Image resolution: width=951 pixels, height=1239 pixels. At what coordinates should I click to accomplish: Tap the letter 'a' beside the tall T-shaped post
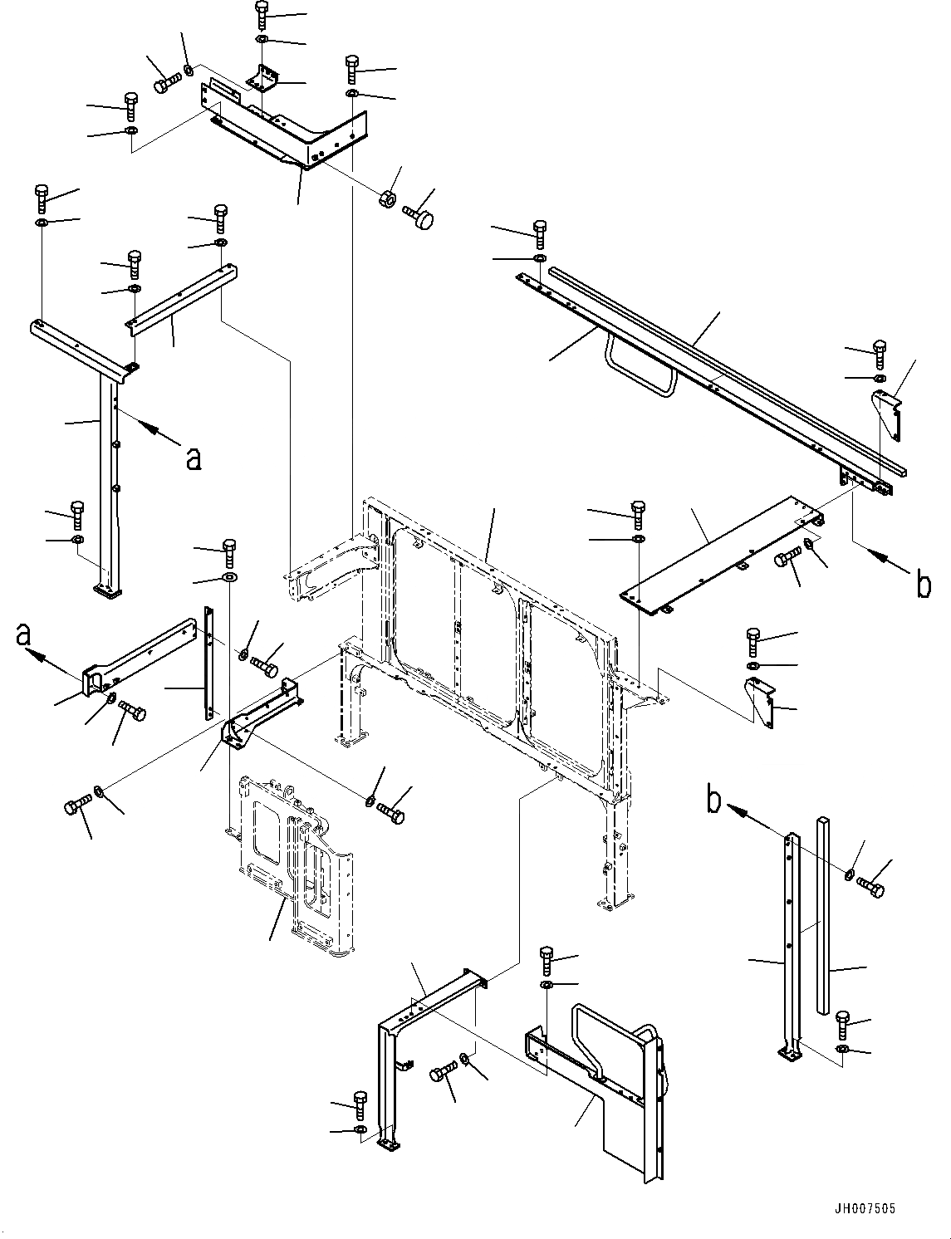(x=193, y=458)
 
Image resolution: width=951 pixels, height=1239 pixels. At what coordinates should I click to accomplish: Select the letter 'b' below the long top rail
(x=923, y=585)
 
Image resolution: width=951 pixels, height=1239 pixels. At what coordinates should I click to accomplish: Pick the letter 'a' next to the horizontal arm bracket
(x=24, y=636)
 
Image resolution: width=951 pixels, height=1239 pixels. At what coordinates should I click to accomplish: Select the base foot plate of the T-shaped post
(x=107, y=590)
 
